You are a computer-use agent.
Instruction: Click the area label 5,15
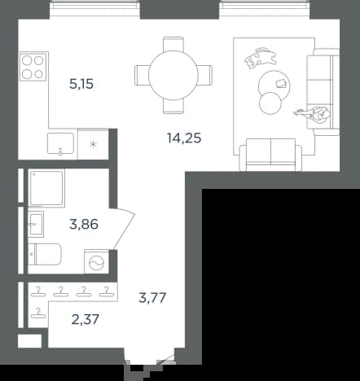click(x=81, y=84)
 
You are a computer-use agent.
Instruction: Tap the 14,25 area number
click(x=184, y=138)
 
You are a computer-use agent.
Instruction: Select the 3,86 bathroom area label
click(x=84, y=225)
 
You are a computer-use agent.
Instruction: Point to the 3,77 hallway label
click(x=152, y=298)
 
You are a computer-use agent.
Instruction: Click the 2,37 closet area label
click(x=85, y=319)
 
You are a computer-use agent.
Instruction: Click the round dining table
click(x=173, y=75)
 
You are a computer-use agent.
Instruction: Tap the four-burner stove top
click(x=33, y=67)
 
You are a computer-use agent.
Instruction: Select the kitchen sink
click(x=60, y=144)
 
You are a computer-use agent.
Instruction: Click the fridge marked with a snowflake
click(x=93, y=144)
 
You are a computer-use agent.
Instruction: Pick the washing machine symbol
click(x=97, y=261)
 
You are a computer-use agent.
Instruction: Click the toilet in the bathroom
click(x=45, y=254)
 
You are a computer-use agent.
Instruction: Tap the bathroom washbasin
click(x=36, y=224)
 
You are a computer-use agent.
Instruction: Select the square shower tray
click(x=46, y=188)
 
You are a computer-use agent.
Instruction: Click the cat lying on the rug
click(x=261, y=58)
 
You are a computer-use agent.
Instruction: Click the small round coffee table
click(x=270, y=103)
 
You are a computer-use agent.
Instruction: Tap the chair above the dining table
click(x=173, y=44)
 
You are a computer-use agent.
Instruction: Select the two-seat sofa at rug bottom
click(x=270, y=155)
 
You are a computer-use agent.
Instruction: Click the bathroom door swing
click(x=124, y=229)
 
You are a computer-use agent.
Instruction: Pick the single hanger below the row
click(x=38, y=313)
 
